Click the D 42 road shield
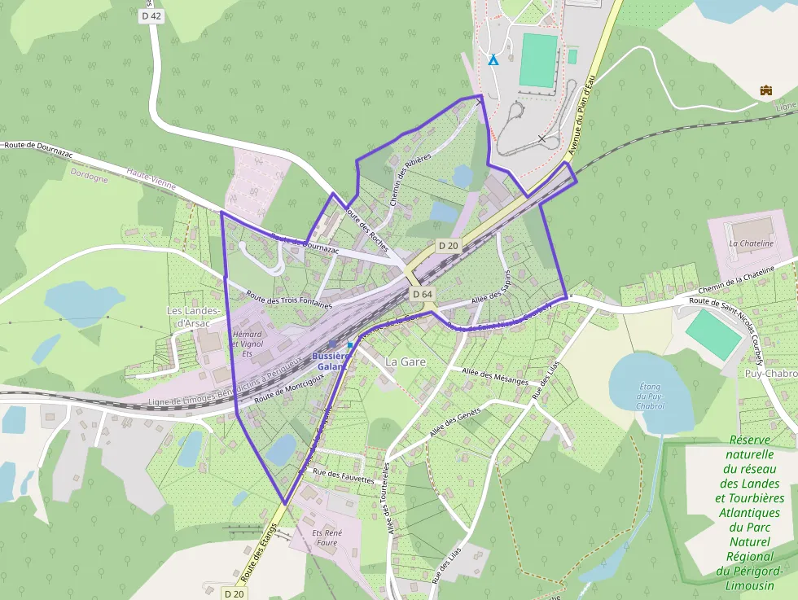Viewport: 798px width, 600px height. tap(151, 15)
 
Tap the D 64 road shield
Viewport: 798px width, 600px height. tap(421, 293)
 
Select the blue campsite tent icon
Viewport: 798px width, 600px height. tap(493, 59)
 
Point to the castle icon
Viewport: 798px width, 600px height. tap(765, 90)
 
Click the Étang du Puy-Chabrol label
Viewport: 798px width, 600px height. tap(650, 396)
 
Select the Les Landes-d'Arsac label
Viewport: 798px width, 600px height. tap(194, 317)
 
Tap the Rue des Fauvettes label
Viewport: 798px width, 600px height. tap(343, 476)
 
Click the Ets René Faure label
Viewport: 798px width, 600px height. tap(325, 537)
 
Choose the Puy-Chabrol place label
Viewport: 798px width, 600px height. tap(770, 374)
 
